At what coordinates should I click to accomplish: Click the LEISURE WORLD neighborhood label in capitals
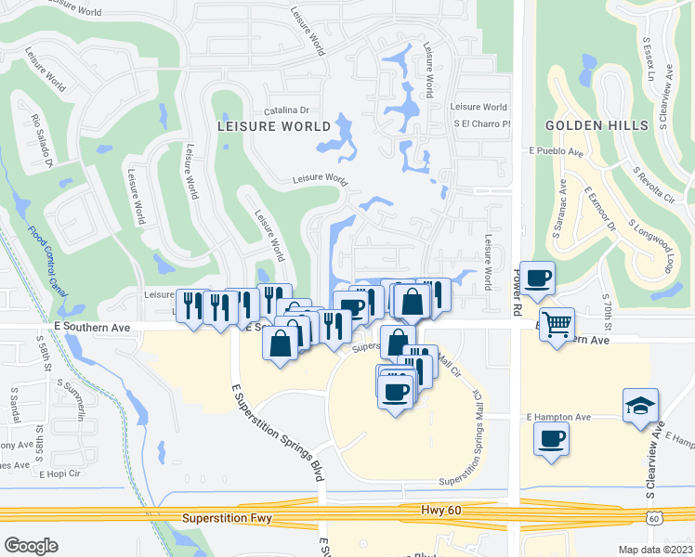pyautogui.click(x=273, y=125)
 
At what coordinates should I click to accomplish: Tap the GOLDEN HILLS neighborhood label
pyautogui.click(x=589, y=125)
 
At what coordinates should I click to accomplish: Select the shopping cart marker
pyautogui.click(x=557, y=326)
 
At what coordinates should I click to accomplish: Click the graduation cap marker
pyautogui.click(x=640, y=406)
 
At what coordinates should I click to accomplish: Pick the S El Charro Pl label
pyautogui.click(x=482, y=123)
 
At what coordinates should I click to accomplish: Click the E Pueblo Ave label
pyautogui.click(x=556, y=152)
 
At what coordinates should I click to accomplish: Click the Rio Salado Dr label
pyautogui.click(x=42, y=140)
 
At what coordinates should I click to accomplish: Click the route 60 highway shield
pyautogui.click(x=655, y=518)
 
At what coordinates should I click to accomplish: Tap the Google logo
pyautogui.click(x=31, y=546)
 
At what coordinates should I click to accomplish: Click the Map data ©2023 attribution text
pyautogui.click(x=656, y=550)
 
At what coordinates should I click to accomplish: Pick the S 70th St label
pyautogui.click(x=607, y=314)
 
